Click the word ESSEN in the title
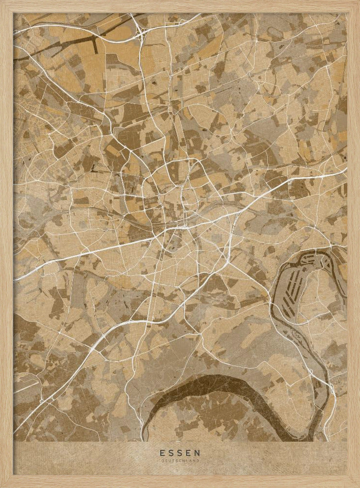(180, 452)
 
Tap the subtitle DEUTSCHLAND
(180, 460)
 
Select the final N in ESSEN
(198, 452)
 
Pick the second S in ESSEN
(180, 452)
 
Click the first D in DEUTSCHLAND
(162, 460)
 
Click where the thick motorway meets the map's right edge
(346, 169)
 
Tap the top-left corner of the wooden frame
(3, 3)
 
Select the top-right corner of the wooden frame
(357, 3)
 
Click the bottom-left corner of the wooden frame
(3, 485)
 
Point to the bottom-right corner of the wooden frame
(357, 485)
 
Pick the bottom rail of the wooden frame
(180, 482)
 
